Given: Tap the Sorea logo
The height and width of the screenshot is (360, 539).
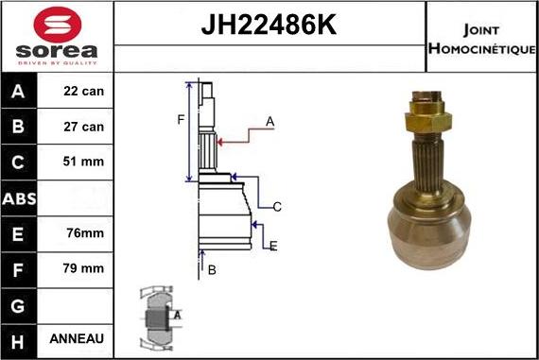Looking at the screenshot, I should tap(57, 36).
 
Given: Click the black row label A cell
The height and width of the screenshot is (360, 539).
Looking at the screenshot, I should tap(19, 92).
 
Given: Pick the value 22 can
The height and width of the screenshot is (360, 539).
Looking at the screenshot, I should tap(84, 92).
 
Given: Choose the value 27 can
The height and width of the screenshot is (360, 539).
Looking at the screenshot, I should tap(84, 127).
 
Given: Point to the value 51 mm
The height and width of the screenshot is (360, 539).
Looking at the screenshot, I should tap(84, 162).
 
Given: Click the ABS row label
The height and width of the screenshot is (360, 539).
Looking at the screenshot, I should tap(19, 197).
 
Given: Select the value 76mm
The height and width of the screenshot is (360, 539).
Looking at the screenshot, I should tap(84, 232).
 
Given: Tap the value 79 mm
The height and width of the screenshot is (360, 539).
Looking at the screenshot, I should tap(84, 268).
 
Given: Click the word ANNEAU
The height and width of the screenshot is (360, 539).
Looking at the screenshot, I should tap(84, 338).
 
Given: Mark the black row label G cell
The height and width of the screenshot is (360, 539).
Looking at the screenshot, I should tap(19, 303).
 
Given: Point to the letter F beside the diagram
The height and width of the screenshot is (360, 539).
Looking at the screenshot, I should tap(179, 119).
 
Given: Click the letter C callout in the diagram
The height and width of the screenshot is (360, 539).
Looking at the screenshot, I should tap(277, 206).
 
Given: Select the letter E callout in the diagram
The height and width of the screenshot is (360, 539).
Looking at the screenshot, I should tap(273, 247).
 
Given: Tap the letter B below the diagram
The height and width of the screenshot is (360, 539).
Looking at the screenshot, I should tap(212, 270).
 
